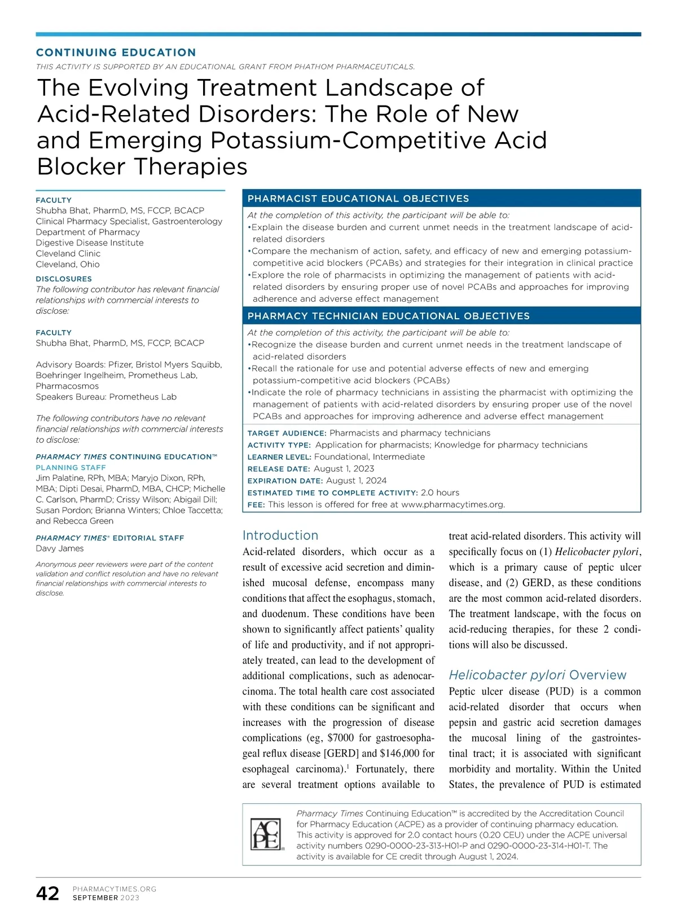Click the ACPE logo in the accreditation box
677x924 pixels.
point(265,834)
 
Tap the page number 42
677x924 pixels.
point(47,894)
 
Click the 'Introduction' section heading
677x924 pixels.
point(280,535)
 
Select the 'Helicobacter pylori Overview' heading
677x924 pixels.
point(538,675)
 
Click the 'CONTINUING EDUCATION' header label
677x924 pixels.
point(116,52)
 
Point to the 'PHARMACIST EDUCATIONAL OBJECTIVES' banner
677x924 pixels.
point(358,199)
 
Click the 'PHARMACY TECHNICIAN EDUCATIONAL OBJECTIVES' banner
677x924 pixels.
point(389,316)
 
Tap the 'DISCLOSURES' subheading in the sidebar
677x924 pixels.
point(64,279)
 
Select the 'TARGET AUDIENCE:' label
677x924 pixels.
point(287,433)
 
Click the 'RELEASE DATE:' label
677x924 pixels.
point(279,469)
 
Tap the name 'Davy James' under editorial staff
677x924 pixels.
point(60,548)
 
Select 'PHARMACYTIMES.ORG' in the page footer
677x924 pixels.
point(115,889)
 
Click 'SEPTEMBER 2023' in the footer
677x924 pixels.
point(106,898)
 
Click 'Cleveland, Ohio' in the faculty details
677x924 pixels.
point(68,264)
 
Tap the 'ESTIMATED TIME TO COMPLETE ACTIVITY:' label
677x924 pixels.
point(332,492)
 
